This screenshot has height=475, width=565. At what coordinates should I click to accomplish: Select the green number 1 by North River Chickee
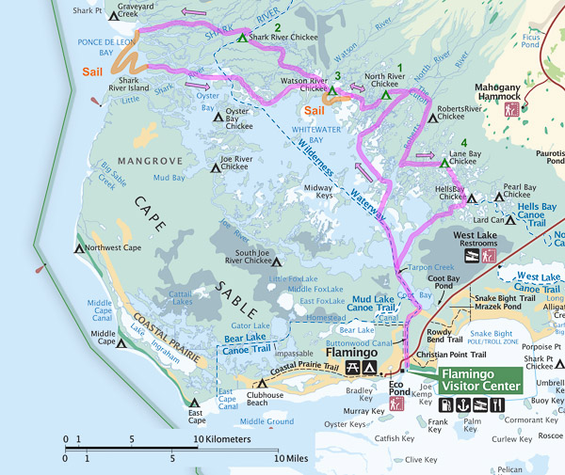400,69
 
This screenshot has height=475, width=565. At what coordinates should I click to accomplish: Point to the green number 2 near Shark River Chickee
277,25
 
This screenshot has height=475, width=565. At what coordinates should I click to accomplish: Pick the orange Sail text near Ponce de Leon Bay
93,71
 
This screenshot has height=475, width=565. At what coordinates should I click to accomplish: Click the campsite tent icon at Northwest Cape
78,249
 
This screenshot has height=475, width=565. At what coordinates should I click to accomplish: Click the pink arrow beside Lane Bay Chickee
426,155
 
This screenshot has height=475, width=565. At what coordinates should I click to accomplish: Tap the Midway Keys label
319,193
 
